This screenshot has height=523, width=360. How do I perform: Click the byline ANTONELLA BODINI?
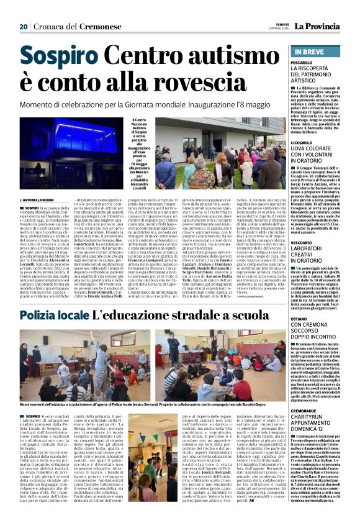[44, 199]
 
